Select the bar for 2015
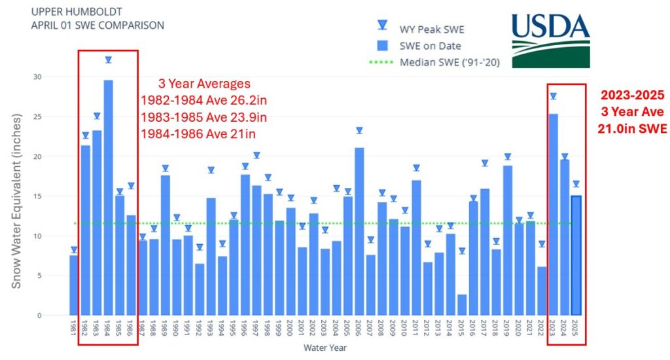461,305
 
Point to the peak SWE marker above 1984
109,60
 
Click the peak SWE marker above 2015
461,251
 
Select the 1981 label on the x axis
74,327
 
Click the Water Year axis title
325,348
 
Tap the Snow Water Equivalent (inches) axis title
18,200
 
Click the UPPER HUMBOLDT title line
68,12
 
